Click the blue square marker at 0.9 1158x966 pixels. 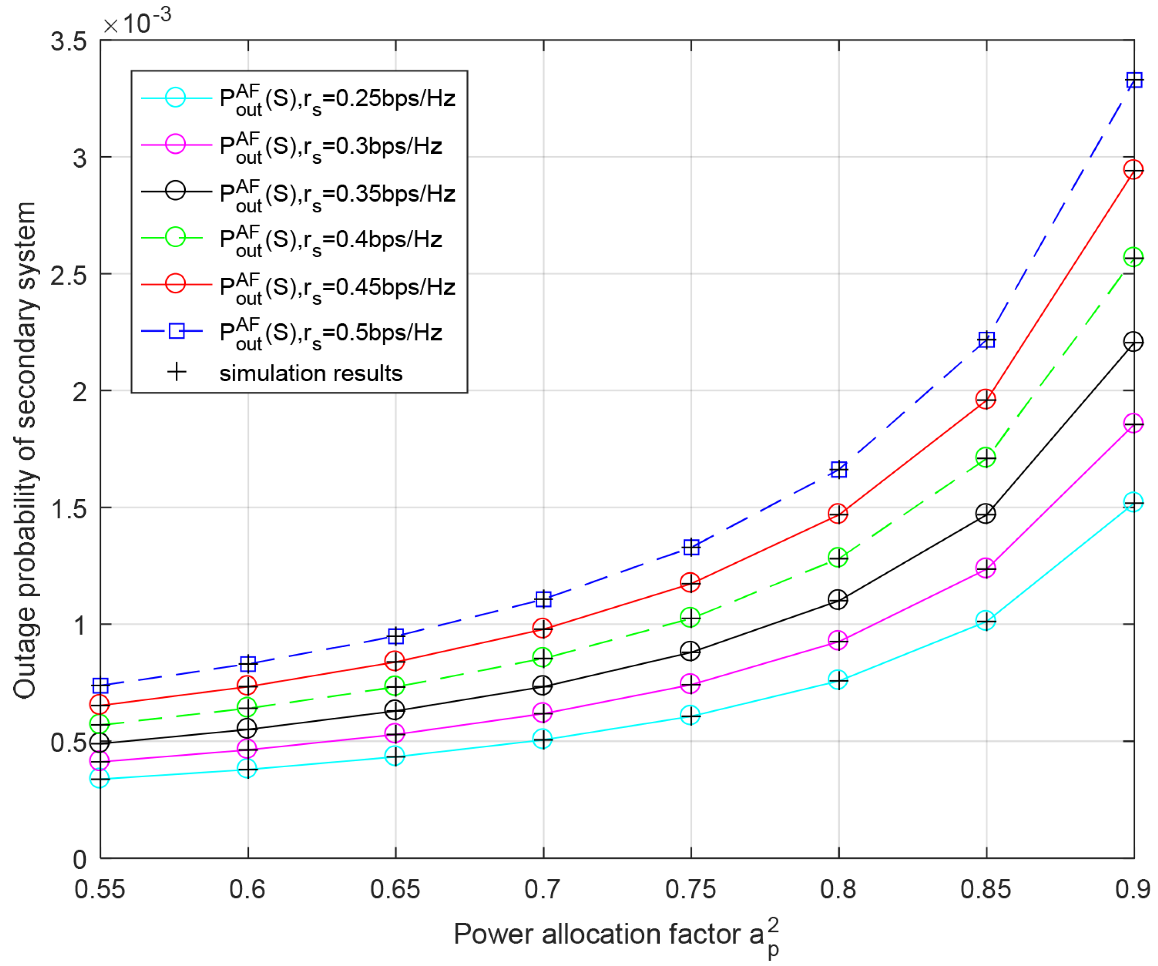pos(1133,80)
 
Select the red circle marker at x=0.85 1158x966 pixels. pos(985,399)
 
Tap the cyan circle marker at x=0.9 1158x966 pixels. pos(1133,502)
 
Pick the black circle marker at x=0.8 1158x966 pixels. pos(838,600)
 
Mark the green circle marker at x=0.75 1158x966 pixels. pos(690,617)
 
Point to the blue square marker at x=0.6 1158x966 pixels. pos(247,664)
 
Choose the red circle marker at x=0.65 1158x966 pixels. pos(395,660)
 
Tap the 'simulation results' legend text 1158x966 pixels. pos(311,374)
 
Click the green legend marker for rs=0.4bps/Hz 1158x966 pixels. pos(176,238)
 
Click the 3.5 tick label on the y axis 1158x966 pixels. pos(68,41)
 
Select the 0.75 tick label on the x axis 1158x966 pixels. pos(690,889)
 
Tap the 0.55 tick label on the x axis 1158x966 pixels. pos(100,889)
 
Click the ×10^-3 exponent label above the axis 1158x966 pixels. pos(137,23)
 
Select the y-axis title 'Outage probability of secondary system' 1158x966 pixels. pos(25,450)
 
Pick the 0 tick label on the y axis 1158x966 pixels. pos(80,860)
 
